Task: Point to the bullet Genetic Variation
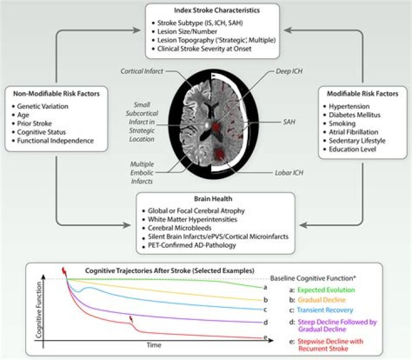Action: [x=42, y=106]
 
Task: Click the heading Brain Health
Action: [x=215, y=199]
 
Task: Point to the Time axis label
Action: [x=153, y=345]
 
